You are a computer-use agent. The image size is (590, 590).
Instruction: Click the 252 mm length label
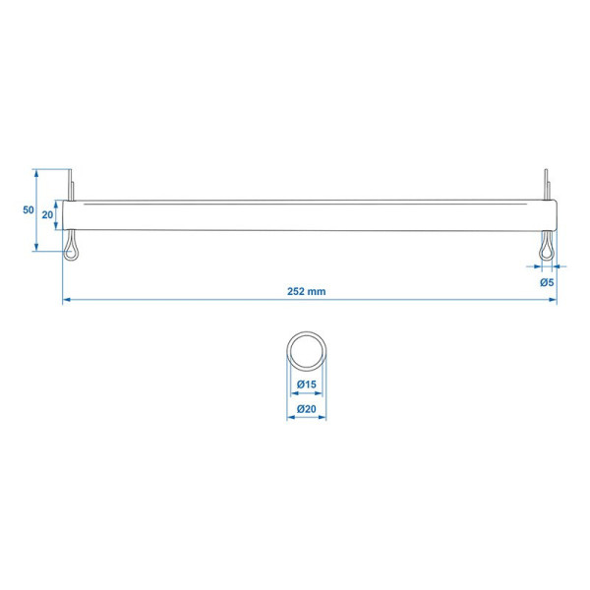pyautogui.click(x=306, y=291)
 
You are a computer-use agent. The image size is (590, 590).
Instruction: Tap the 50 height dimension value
pyautogui.click(x=29, y=210)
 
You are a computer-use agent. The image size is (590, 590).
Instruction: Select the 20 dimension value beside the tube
pyautogui.click(x=47, y=214)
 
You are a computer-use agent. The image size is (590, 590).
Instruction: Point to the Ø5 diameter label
pyautogui.click(x=547, y=282)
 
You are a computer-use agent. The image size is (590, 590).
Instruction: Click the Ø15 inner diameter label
pyautogui.click(x=307, y=384)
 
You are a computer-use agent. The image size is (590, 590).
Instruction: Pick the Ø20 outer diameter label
pyautogui.click(x=307, y=409)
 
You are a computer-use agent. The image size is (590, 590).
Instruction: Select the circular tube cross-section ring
pyautogui.click(x=307, y=332)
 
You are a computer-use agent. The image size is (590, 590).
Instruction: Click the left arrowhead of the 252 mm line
pyautogui.click(x=66, y=300)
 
